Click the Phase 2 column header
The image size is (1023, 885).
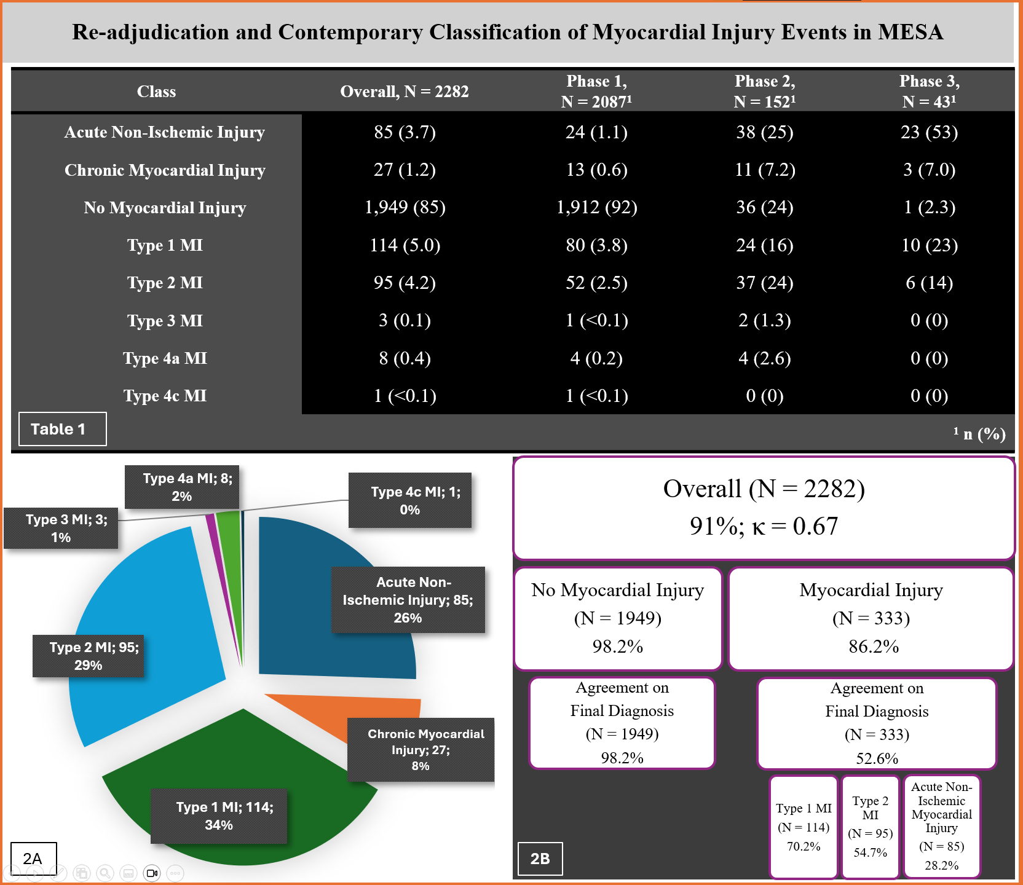tap(765, 91)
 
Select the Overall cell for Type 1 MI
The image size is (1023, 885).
tap(405, 245)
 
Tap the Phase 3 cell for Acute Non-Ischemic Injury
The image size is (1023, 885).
tap(929, 132)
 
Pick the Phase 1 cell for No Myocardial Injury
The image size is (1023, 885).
tap(596, 207)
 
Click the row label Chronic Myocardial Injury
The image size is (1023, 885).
tap(165, 170)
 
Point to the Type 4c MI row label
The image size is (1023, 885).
tap(165, 396)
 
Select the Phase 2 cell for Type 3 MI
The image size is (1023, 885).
tap(765, 320)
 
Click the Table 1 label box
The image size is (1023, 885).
tap(62, 429)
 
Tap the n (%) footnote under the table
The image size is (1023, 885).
tap(980, 434)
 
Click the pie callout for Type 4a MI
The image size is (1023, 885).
tap(182, 487)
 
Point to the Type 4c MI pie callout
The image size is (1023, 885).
tap(410, 500)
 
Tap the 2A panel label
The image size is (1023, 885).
tap(33, 859)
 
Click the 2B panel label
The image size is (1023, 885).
tap(540, 859)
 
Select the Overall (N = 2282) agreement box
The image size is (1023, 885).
tap(764, 508)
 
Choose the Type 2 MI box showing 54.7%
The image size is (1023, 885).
tap(870, 827)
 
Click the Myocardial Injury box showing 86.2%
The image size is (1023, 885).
tap(871, 618)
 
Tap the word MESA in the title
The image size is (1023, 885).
tap(910, 32)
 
